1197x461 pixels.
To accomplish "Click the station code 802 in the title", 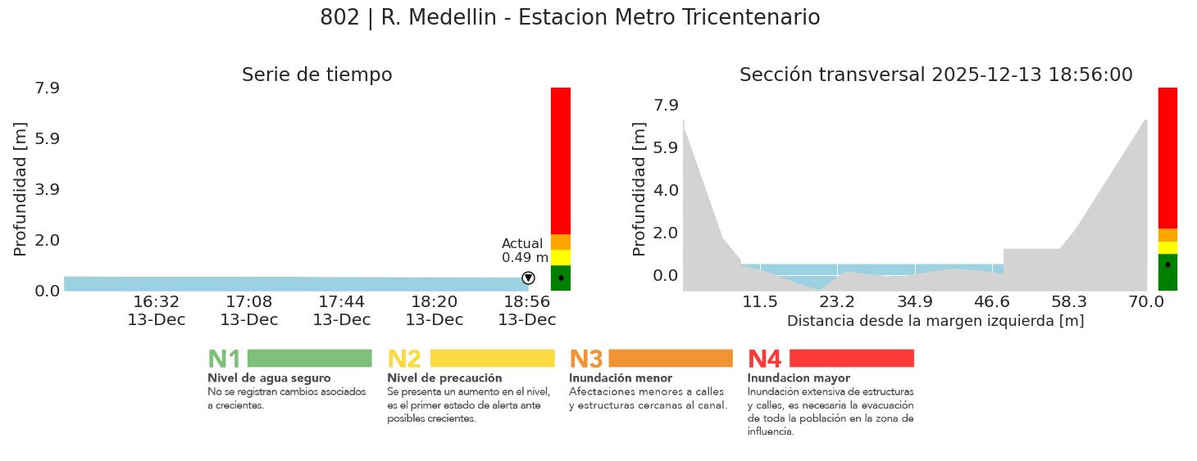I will [339, 18].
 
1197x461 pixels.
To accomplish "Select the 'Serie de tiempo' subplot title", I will [316, 75].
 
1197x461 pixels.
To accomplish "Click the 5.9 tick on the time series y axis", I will [47, 138].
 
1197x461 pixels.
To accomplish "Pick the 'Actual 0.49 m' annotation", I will [524, 251].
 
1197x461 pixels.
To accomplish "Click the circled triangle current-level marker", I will [528, 278].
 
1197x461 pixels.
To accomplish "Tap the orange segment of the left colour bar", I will [561, 242].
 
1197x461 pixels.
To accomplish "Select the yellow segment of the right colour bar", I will [1167, 247].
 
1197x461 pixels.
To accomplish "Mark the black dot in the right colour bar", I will [1167, 264].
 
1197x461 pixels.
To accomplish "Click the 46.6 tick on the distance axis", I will [992, 302].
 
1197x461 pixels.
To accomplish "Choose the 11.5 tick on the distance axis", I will [760, 302].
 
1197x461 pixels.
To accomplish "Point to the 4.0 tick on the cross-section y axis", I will [665, 190].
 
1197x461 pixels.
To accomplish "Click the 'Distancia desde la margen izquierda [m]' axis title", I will [935, 321].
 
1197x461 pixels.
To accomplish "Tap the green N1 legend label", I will [224, 359].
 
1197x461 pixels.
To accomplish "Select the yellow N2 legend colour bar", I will [492, 359].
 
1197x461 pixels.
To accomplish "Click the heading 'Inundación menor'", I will [620, 378].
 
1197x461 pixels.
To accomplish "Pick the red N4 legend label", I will [764, 359].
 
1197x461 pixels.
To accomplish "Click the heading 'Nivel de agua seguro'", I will [269, 378].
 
